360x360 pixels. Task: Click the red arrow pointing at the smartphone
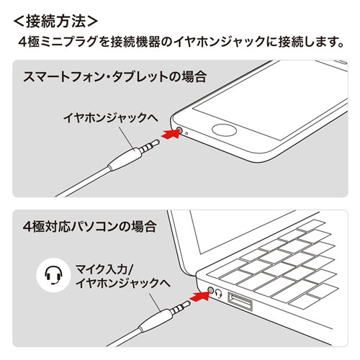[x=166, y=133]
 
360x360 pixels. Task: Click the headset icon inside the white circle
[x=50, y=275]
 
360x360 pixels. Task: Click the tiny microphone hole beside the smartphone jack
[x=186, y=133]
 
